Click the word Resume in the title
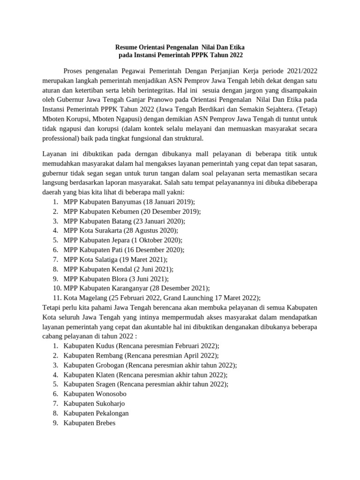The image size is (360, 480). tap(127, 47)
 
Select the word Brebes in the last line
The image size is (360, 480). tap(104, 422)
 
